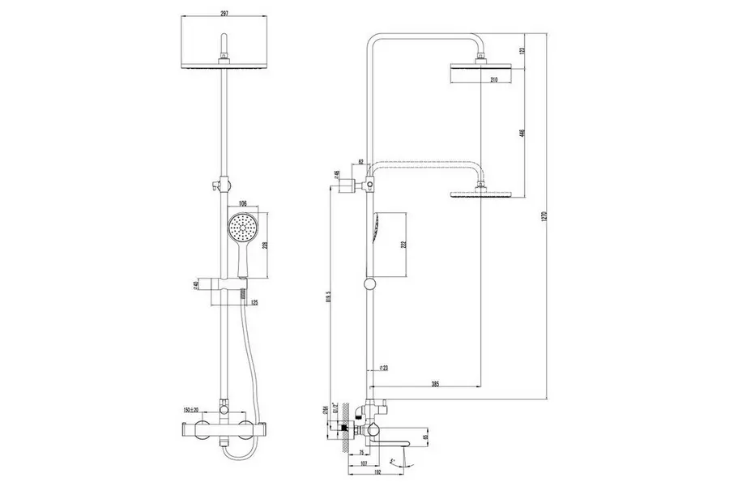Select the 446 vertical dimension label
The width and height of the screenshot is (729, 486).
click(x=522, y=133)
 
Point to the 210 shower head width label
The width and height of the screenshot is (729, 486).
click(x=493, y=79)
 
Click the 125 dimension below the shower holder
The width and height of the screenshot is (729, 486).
click(x=255, y=303)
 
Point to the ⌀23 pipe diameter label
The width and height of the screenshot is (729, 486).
click(x=386, y=369)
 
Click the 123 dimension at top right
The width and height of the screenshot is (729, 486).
click(x=522, y=49)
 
